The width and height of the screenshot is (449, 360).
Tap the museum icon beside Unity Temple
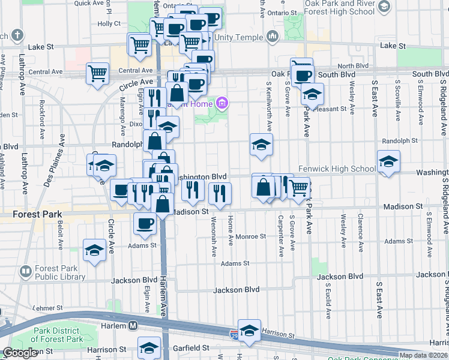(273, 37)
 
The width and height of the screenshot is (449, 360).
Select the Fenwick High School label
(337, 169)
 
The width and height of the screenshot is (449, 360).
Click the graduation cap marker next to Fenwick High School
(388, 161)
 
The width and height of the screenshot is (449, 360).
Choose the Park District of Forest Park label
(56, 335)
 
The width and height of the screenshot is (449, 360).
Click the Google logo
(20, 353)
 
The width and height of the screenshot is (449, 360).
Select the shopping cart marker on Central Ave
(97, 74)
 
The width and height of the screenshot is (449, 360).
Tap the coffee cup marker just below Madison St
(144, 224)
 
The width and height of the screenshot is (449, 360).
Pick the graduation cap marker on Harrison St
(249, 331)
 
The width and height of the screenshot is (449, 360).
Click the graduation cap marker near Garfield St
(149, 348)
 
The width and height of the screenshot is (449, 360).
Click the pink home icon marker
(222, 104)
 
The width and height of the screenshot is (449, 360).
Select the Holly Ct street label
(109, 24)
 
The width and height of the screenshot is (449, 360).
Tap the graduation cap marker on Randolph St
(261, 145)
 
